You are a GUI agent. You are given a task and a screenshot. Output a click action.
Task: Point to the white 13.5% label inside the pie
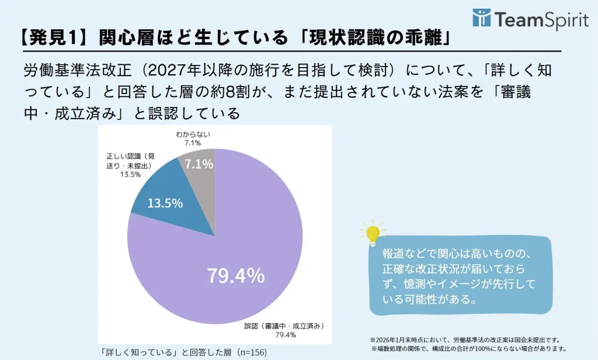click(165, 203)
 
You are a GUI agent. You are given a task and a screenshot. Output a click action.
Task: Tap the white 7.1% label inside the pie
click(199, 165)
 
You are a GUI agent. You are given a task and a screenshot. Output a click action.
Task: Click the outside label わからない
click(193, 134)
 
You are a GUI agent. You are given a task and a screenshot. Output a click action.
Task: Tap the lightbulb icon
click(373, 233)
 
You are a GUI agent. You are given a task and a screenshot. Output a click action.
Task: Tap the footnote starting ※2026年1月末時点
click(465, 340)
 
